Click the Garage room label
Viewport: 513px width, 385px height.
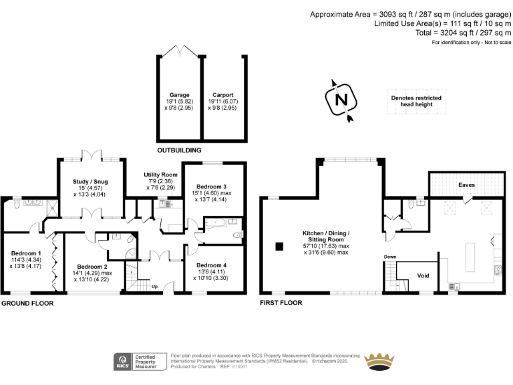coord(178,95)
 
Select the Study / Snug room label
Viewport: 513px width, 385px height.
coord(90,181)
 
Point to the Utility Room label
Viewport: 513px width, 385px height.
coord(161,174)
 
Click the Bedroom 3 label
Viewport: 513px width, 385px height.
coord(213,186)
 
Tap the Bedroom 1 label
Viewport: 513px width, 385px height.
coord(25,253)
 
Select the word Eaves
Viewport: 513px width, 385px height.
coord(466,184)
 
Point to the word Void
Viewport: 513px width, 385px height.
coord(422,275)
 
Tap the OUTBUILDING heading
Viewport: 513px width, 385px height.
coord(178,150)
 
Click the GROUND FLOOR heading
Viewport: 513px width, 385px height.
coord(27,303)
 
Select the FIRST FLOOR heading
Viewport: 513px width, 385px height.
coord(281,303)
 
